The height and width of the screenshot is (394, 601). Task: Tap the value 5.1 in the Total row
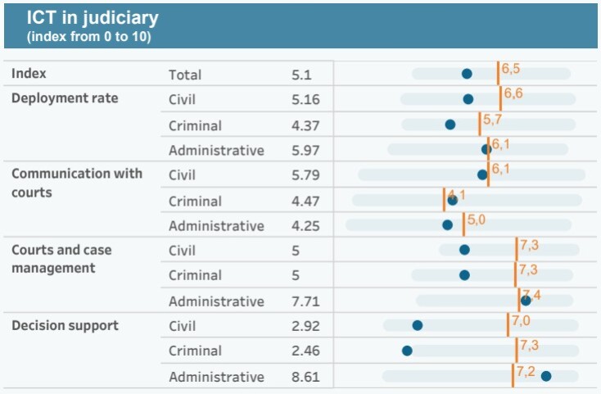(302, 75)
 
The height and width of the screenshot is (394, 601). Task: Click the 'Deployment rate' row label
(65, 98)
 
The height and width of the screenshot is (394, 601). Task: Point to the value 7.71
(305, 301)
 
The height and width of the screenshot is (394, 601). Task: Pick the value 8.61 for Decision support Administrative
(305, 377)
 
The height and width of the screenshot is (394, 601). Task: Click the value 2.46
(305, 351)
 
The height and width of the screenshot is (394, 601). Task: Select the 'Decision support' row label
(65, 325)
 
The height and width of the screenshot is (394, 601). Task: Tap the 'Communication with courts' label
(76, 183)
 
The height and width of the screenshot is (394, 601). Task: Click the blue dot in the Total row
(467, 74)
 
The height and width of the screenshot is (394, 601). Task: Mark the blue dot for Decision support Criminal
(407, 351)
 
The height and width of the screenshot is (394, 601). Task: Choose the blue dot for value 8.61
(546, 376)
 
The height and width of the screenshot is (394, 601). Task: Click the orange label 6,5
(511, 68)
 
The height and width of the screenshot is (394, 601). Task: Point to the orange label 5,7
(492, 120)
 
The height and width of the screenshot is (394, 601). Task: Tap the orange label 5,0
(477, 220)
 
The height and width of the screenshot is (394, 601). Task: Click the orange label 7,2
(525, 372)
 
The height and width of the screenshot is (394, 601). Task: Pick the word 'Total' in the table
(185, 75)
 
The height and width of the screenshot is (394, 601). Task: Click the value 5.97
(305, 151)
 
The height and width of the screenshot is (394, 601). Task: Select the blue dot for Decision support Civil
(418, 325)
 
